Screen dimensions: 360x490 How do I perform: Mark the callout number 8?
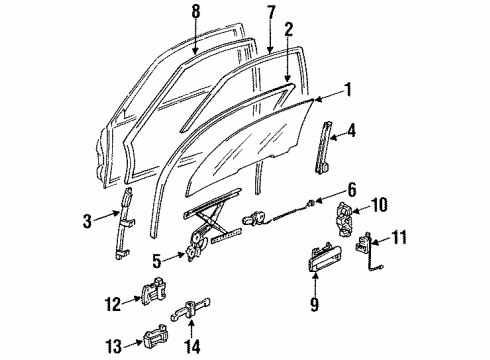click(x=196, y=11)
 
